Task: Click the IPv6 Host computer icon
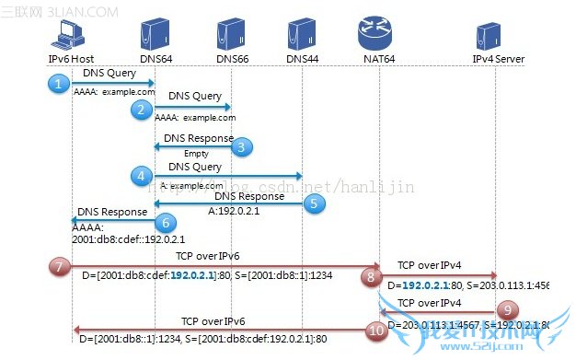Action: [x=69, y=34]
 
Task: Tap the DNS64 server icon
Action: [x=151, y=34]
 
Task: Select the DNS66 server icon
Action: [x=231, y=34]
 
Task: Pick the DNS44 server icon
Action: [x=301, y=34]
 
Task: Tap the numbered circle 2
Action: [x=141, y=110]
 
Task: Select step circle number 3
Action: [x=241, y=145]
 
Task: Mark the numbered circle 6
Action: [x=165, y=221]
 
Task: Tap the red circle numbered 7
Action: [x=59, y=266]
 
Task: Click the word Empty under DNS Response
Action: [x=196, y=154]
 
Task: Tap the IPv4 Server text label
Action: [x=498, y=59]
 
